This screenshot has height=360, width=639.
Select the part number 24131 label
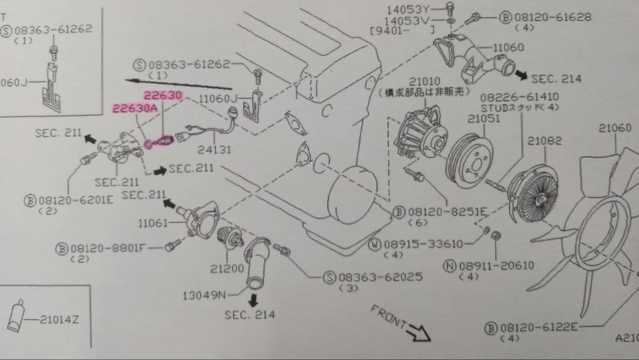[214, 150]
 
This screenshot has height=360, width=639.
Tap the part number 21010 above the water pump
[424, 82]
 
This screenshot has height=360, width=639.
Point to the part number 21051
[483, 118]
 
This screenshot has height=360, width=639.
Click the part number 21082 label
[545, 141]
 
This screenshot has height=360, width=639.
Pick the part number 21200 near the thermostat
[227, 268]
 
